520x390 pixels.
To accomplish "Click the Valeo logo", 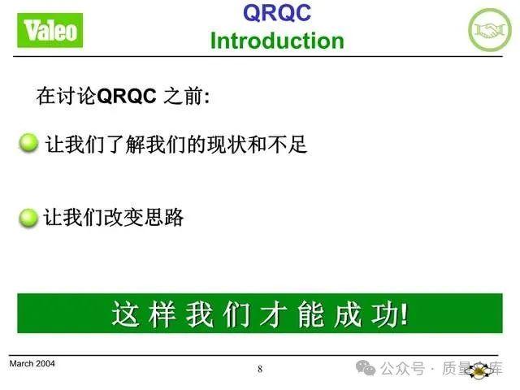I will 51,31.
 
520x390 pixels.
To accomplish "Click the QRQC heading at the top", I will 276,13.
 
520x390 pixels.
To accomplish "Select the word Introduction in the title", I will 276,41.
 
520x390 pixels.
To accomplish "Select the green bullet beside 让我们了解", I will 28,145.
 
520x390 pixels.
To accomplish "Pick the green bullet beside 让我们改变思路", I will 28,218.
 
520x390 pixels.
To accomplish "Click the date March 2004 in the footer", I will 32,364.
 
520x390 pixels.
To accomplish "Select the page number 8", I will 260,370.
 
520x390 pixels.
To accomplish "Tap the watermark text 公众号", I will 403,370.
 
